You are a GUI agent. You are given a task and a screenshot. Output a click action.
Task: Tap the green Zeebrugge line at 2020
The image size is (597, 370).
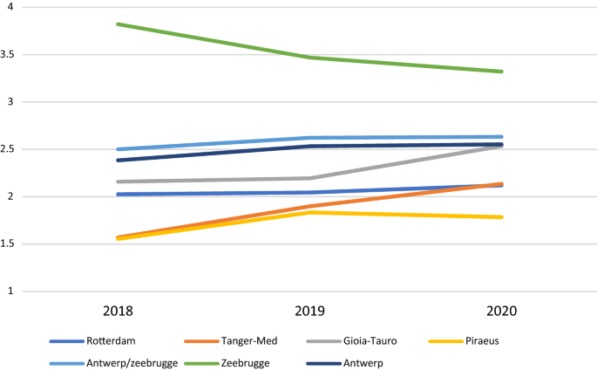point(501,72)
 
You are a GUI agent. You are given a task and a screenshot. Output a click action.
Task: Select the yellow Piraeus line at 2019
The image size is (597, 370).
point(309,212)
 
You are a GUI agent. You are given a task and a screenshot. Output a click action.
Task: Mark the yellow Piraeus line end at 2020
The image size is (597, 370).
point(501,217)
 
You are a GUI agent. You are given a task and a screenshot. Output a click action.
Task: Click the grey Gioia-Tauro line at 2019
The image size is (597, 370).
point(309,178)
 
